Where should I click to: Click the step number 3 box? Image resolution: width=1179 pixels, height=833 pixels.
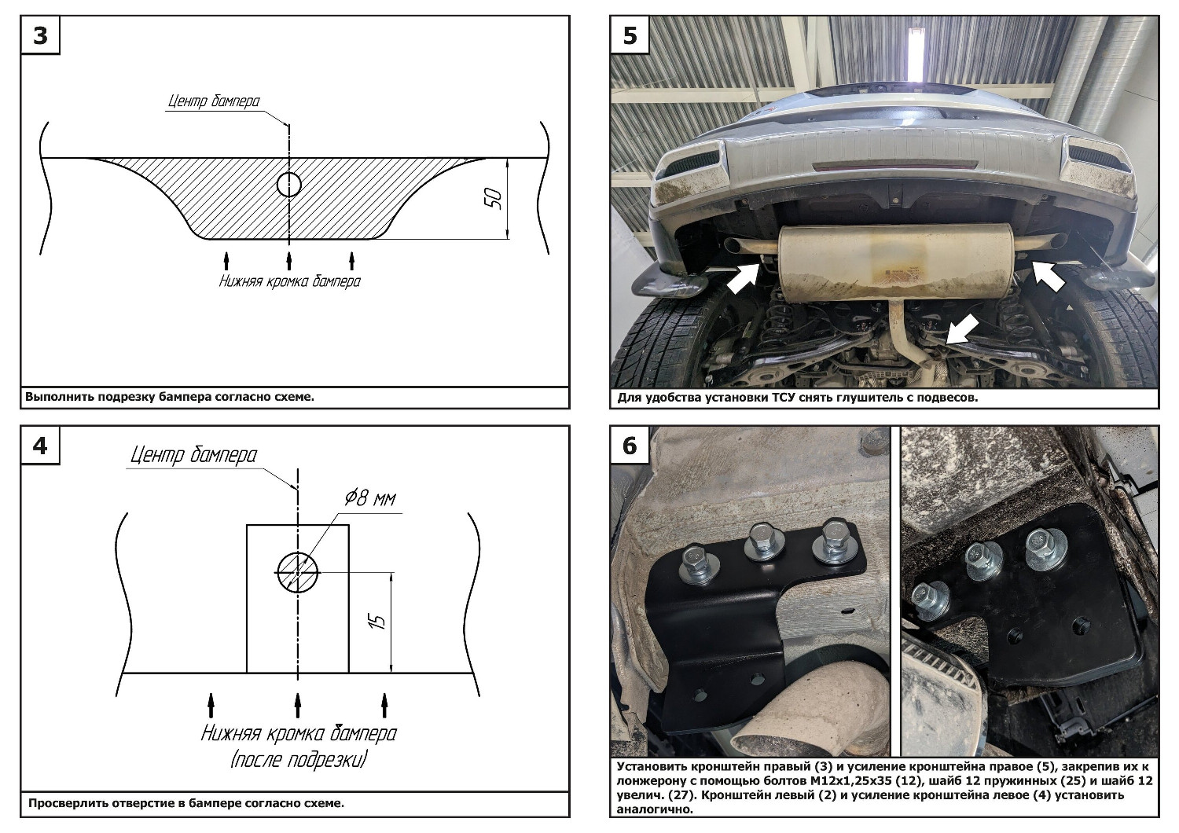[40, 37]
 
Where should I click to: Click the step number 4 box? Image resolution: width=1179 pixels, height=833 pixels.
[40, 446]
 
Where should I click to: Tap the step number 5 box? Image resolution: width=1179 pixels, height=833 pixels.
[630, 37]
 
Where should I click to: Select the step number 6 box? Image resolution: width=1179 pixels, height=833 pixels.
[630, 446]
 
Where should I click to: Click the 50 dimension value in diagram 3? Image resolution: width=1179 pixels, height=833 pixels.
[494, 199]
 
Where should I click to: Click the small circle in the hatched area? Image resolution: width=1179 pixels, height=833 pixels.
[288, 185]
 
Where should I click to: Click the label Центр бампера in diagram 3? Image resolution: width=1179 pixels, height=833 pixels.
[214, 101]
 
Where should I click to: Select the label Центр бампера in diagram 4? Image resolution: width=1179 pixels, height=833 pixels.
[193, 456]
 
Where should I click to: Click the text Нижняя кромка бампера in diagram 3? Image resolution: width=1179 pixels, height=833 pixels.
[289, 281]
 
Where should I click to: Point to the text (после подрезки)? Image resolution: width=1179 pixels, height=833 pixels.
[299, 760]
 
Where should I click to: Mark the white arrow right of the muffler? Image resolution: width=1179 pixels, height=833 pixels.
[1048, 274]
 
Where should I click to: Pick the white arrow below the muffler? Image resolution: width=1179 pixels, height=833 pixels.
[961, 328]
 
